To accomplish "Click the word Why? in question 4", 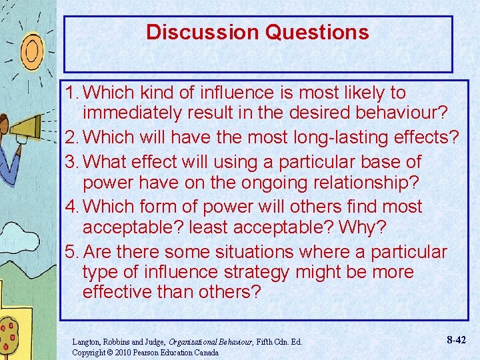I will [362, 228].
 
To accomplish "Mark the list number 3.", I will [70, 162].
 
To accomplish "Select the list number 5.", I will [70, 252].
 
